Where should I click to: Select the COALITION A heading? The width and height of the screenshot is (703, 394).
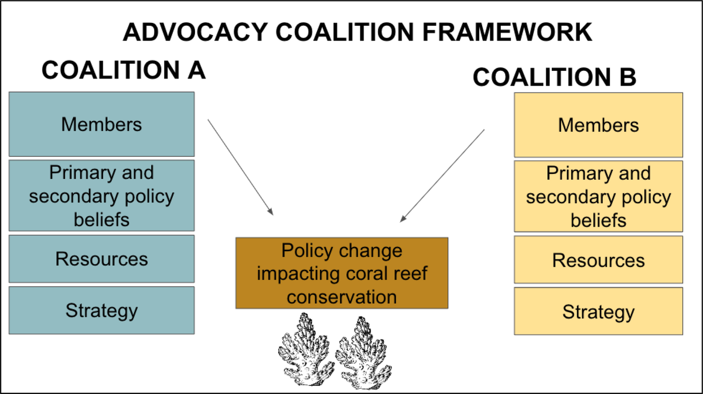(124, 71)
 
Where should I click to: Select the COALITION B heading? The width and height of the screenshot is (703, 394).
(554, 78)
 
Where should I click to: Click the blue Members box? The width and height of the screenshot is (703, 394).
(101, 124)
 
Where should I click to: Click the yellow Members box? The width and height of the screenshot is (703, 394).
(598, 125)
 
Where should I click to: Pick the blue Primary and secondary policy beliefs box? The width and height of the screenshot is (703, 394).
(101, 196)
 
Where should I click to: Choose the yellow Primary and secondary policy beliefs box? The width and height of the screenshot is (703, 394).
(598, 196)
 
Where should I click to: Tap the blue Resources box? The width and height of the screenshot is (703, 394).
(101, 259)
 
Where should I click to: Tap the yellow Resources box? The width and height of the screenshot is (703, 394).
(598, 260)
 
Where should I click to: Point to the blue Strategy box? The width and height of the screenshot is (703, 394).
(101, 310)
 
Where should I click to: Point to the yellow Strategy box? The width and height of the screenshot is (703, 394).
(598, 311)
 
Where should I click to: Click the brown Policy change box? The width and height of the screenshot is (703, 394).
(342, 273)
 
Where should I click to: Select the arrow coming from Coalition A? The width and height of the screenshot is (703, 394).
(240, 167)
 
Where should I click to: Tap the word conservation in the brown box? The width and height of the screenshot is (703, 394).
(342, 296)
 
